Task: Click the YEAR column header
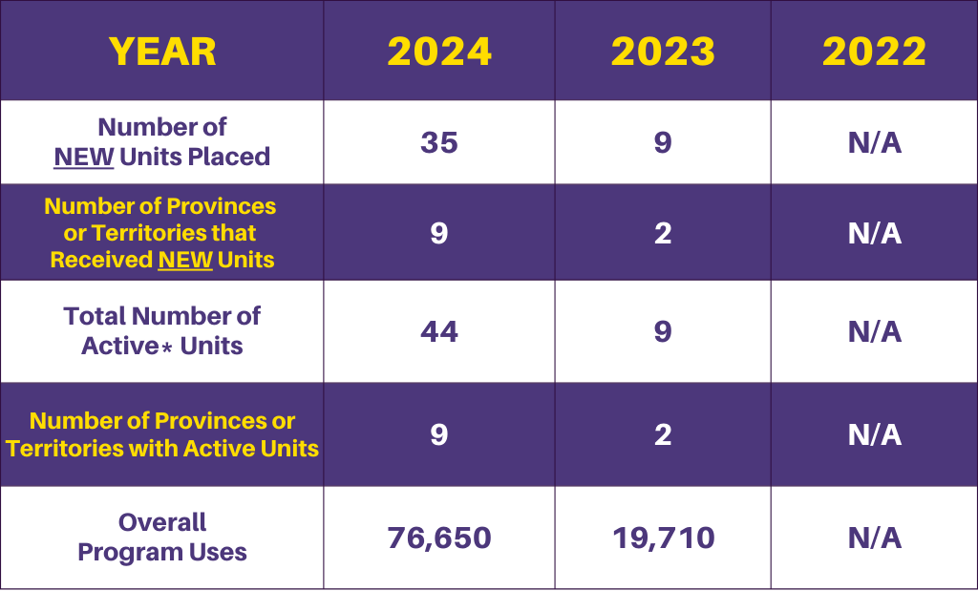click(x=162, y=51)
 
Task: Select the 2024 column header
click(x=439, y=51)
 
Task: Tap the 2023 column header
click(x=663, y=51)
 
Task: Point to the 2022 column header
click(x=874, y=51)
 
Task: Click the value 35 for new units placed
click(x=439, y=142)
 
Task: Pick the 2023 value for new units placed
click(x=663, y=142)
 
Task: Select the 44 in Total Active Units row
click(x=439, y=331)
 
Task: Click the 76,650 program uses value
click(x=439, y=538)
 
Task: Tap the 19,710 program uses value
click(x=663, y=538)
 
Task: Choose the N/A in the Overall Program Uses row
click(x=874, y=538)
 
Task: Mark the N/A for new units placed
click(x=874, y=142)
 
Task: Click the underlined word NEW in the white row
click(x=83, y=157)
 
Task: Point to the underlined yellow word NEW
click(x=186, y=260)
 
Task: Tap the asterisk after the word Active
click(x=167, y=348)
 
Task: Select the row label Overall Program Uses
click(x=162, y=538)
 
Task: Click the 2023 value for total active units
click(x=663, y=331)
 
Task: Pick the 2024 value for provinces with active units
click(x=439, y=434)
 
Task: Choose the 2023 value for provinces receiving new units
click(x=663, y=233)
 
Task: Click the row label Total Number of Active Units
click(x=162, y=330)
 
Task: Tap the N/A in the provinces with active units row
click(x=874, y=434)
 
